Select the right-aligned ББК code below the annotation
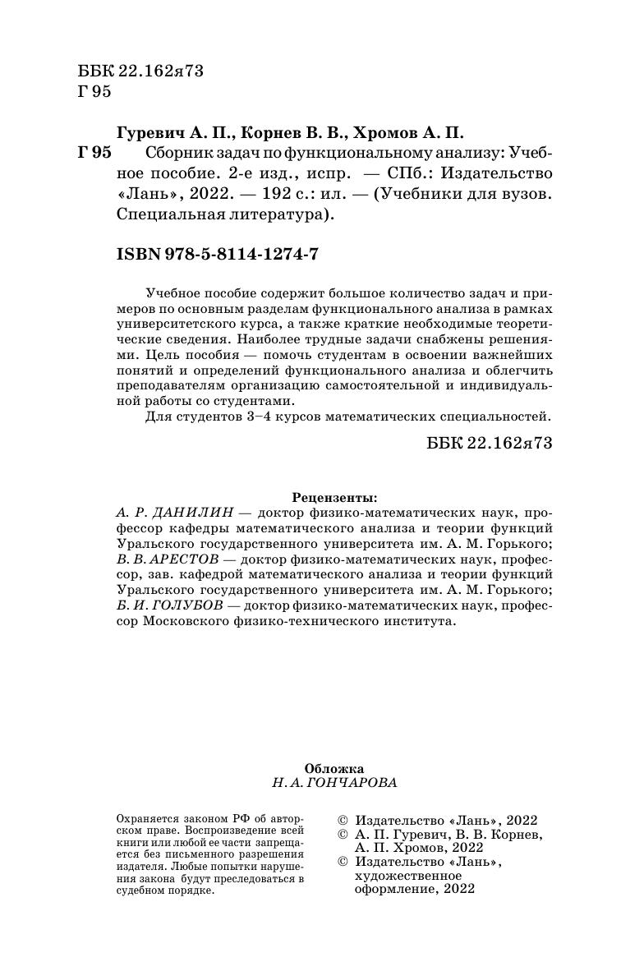click(489, 442)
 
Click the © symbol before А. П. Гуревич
click(343, 835)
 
